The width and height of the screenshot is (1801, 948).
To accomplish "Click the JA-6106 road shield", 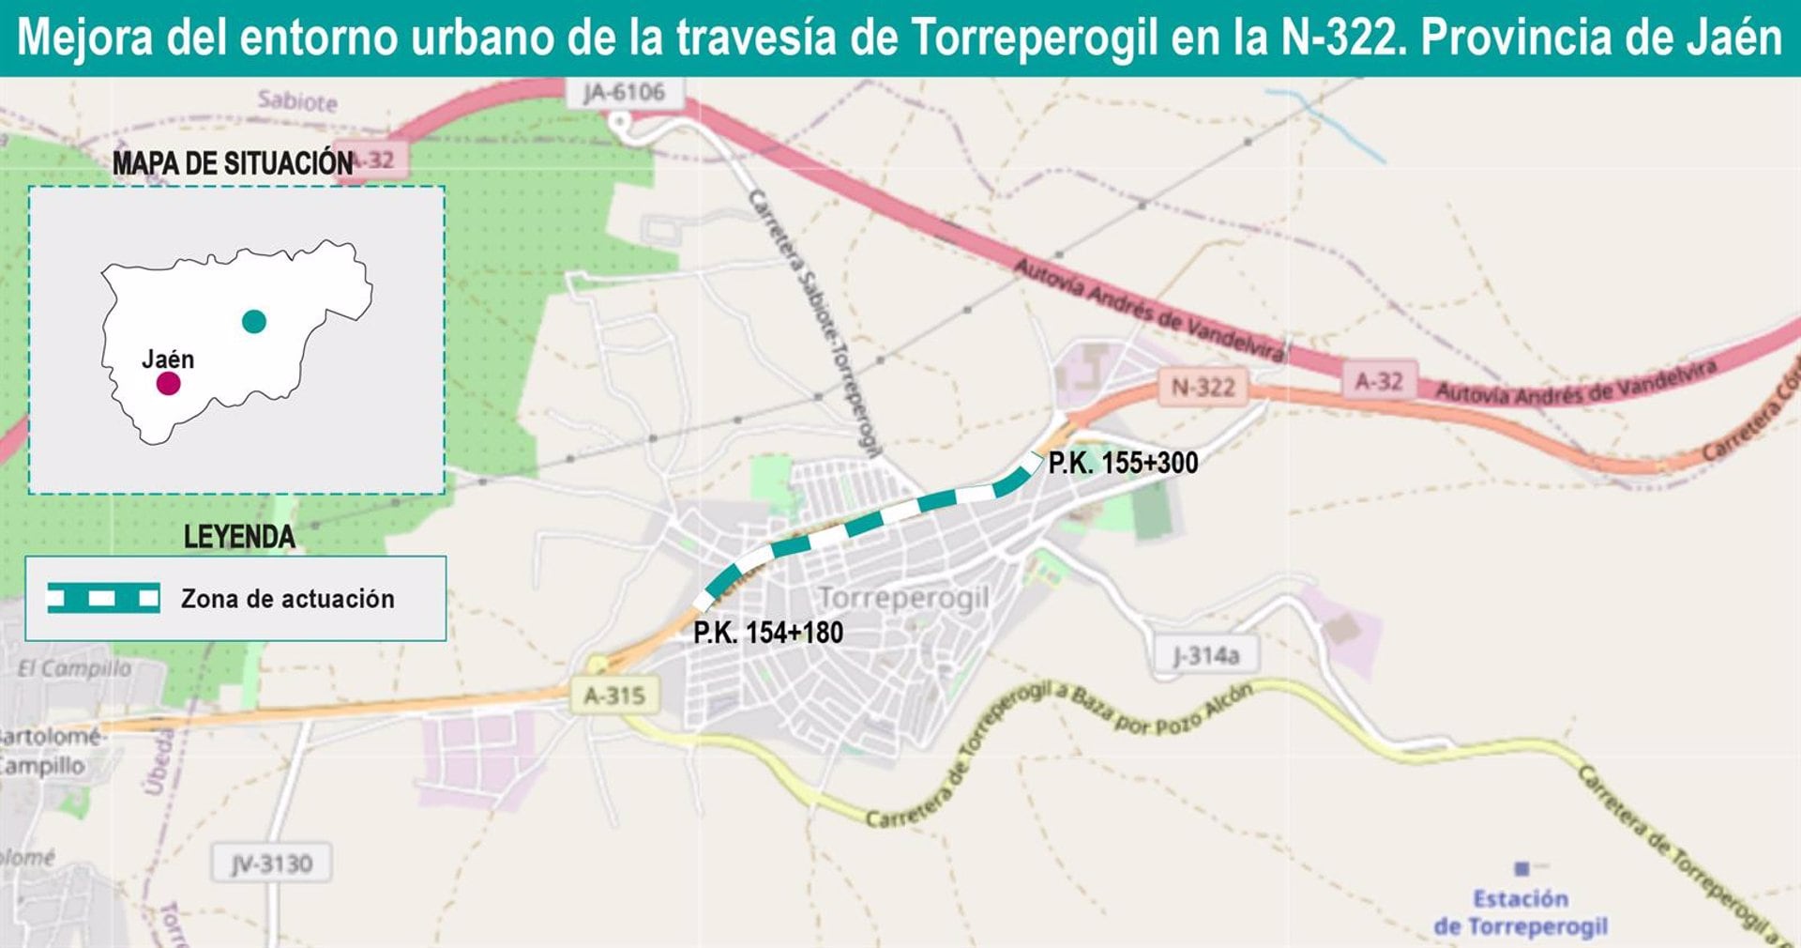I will (624, 93).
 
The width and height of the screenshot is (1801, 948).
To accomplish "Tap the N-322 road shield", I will (1203, 387).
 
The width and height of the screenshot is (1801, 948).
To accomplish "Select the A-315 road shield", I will (614, 696).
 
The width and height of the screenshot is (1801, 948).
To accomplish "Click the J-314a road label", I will (1205, 655).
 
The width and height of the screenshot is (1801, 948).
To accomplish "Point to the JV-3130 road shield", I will (272, 864).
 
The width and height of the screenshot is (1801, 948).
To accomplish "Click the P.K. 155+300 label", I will (1123, 463).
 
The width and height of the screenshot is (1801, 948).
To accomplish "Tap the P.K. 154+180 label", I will (768, 633).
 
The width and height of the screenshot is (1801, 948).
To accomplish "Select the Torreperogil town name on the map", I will (903, 598).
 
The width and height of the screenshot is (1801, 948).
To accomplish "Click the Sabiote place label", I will (297, 100).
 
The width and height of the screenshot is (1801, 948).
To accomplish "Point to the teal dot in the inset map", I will (254, 322).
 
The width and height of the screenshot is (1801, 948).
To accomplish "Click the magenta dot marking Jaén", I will (168, 383).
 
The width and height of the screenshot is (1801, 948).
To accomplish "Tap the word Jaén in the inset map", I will (168, 359).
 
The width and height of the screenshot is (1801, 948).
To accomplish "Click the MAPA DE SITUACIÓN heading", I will (233, 163).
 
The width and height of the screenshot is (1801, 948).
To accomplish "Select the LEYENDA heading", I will (239, 537).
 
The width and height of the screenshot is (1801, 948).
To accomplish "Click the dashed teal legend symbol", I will (103, 598).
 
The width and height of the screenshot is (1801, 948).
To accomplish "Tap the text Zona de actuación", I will (287, 599).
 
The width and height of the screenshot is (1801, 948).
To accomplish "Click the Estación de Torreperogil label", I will (1521, 912).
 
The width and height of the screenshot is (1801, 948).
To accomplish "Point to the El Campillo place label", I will (75, 668).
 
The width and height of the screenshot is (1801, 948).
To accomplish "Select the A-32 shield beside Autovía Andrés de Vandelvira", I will (1378, 381).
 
